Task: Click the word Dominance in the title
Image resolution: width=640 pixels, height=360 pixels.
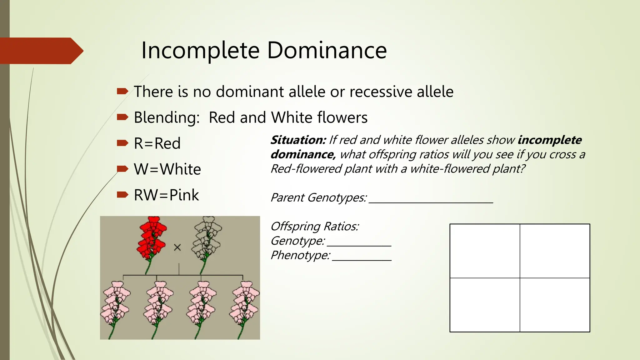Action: pyautogui.click(x=327, y=50)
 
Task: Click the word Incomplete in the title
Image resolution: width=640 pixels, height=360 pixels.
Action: pyautogui.click(x=200, y=50)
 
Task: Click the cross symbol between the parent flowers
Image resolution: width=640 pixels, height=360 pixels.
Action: pyautogui.click(x=177, y=247)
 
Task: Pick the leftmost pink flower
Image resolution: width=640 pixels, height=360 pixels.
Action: pyautogui.click(x=115, y=305)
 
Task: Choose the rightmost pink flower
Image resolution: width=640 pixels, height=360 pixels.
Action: pyautogui.click(x=245, y=305)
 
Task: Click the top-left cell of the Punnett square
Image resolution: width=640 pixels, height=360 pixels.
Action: pyautogui.click(x=485, y=251)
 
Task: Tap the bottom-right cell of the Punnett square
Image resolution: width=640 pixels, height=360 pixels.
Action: pyautogui.click(x=555, y=305)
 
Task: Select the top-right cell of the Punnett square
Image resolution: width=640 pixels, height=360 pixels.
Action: pyautogui.click(x=555, y=251)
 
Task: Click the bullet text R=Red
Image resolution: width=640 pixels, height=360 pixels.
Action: pyautogui.click(x=157, y=143)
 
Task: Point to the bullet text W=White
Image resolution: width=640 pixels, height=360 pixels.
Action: pyautogui.click(x=167, y=169)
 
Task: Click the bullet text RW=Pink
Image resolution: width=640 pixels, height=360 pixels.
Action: pyautogui.click(x=166, y=195)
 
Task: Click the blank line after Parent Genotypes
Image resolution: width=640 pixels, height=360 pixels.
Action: pyautogui.click(x=431, y=202)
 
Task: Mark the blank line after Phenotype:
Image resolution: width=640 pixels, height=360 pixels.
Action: pyautogui.click(x=362, y=259)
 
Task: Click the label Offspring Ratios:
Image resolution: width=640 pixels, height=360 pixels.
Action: pyautogui.click(x=315, y=226)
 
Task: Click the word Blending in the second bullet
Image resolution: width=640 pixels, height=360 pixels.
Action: pyautogui.click(x=167, y=118)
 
